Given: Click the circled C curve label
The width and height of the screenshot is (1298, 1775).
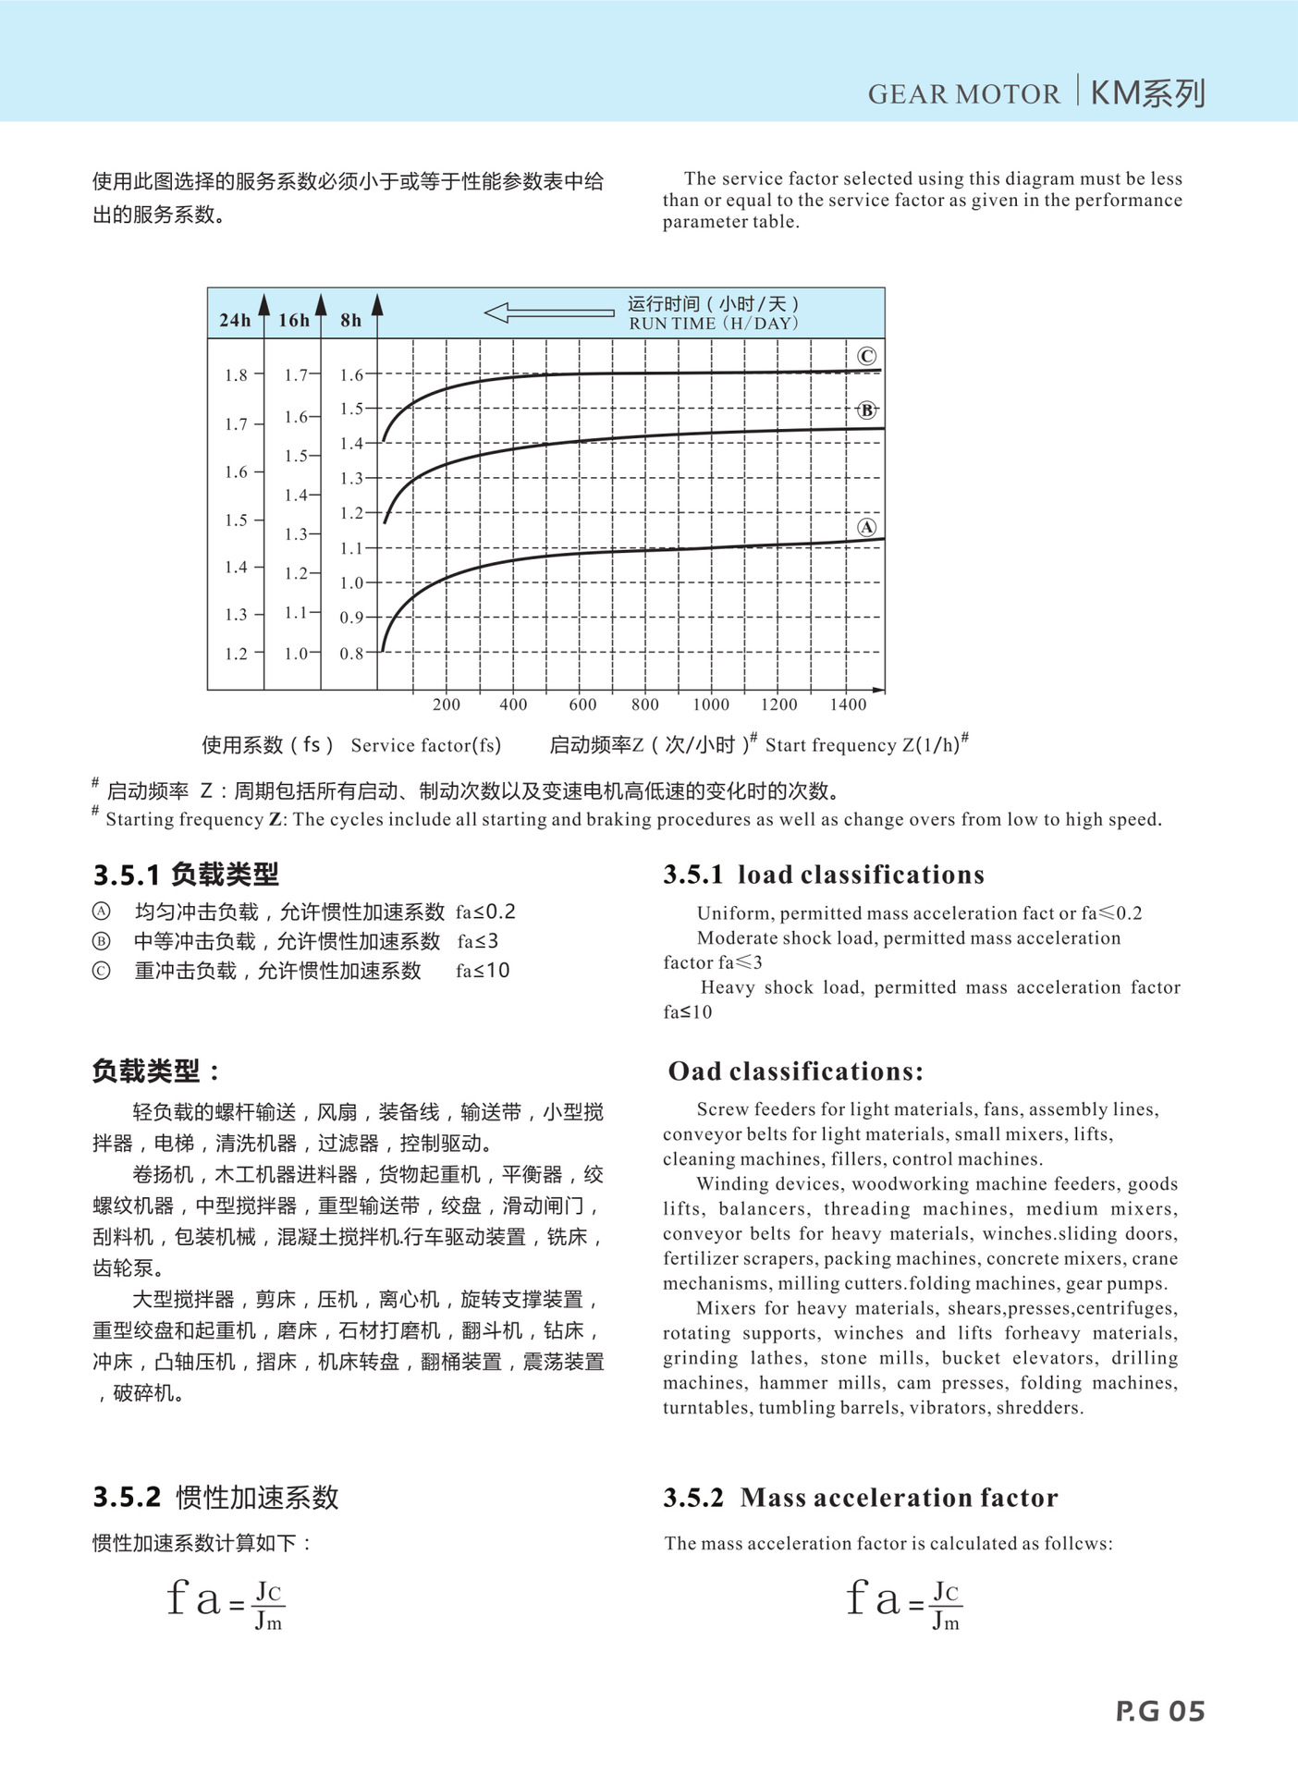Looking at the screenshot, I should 866,356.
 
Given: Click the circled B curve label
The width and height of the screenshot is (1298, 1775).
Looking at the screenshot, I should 866,410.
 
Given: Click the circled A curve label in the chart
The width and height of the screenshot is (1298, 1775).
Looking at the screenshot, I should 866,527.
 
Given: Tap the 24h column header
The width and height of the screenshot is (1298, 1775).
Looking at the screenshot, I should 235,320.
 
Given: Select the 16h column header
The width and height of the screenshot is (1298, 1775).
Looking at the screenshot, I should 294,320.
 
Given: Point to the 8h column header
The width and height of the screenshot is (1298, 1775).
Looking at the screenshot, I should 351,320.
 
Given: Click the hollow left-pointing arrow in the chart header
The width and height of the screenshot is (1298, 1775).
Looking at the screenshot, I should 548,312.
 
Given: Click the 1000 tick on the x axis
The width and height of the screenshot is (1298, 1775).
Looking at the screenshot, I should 711,704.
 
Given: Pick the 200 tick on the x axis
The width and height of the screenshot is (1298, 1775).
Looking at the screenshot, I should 447,704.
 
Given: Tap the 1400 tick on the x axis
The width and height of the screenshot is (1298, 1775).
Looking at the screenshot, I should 848,704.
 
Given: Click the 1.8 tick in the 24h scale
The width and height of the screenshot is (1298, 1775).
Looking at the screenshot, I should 236,374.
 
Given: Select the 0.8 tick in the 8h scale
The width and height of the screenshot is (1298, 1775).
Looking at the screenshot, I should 351,654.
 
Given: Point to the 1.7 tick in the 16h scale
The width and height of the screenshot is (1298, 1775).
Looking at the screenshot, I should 296,374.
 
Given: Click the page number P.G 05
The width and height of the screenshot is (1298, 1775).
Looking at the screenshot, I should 1160,1711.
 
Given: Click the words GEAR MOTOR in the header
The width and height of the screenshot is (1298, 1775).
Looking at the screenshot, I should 963,94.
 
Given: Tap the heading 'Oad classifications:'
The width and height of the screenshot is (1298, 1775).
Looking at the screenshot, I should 795,1071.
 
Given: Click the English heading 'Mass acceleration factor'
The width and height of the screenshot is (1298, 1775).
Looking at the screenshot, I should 899,1497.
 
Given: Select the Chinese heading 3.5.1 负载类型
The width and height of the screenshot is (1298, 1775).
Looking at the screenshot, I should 186,874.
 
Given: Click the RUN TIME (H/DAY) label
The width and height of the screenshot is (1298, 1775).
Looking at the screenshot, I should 714,324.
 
